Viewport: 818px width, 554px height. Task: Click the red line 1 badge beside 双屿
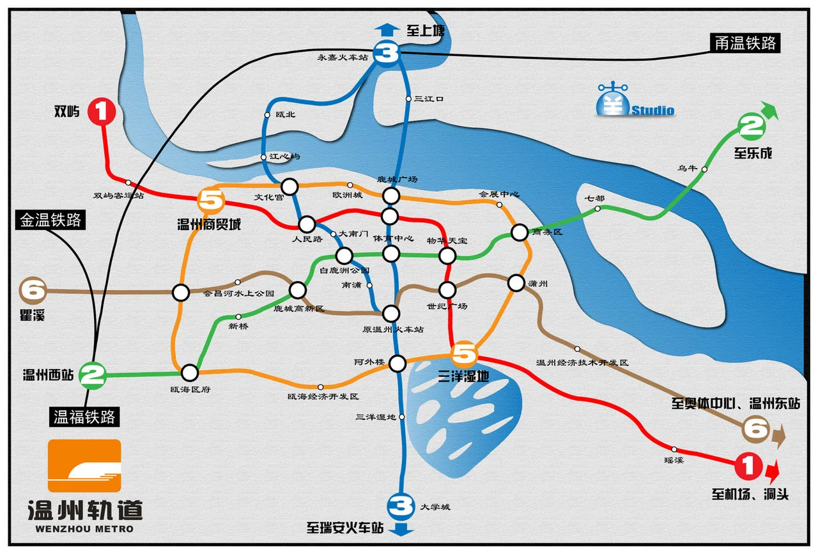[101, 111]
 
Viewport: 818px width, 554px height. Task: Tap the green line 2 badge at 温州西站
[93, 375]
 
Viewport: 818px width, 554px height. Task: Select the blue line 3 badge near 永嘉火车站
[387, 54]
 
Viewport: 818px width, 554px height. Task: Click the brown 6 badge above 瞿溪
[34, 291]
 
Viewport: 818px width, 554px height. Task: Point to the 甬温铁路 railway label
[745, 43]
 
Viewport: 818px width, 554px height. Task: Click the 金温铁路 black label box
[50, 220]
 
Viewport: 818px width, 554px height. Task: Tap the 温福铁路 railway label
[84, 417]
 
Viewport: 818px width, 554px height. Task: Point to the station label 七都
[594, 199]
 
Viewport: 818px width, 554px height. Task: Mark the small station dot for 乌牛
[704, 169]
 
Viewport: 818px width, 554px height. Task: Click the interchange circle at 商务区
[519, 233]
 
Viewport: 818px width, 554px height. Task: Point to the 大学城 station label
[435, 507]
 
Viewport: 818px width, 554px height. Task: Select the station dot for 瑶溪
[674, 449]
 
